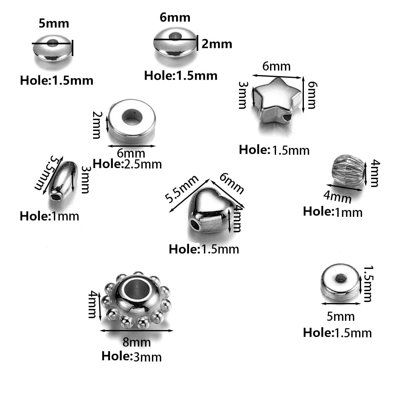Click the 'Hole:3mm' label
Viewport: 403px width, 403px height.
[x=131, y=356]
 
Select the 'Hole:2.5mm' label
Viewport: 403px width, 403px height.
[x=127, y=164]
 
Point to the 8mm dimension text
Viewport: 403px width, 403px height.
[x=137, y=342]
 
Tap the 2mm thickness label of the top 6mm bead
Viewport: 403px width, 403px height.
[x=217, y=44]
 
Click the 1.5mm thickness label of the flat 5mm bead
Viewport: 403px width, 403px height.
[x=368, y=283]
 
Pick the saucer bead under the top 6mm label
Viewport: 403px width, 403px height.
[x=174, y=43]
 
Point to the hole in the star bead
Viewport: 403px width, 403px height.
[x=287, y=118]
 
